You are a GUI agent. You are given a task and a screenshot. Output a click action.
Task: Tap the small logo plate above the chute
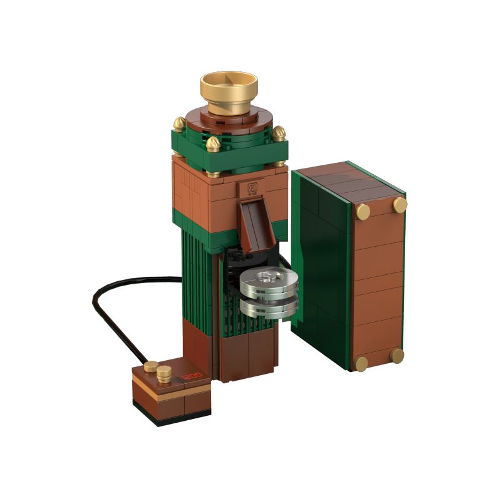tap(253, 187)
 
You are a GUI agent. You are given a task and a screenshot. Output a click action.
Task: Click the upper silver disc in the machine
tap(269, 279)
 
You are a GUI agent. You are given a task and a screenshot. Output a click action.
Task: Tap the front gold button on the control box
tap(164, 374)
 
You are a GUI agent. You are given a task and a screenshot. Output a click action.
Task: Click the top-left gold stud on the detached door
tap(363, 211)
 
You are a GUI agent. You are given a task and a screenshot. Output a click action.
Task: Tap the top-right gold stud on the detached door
tap(399, 204)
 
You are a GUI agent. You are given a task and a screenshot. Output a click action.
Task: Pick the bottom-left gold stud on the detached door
tap(361, 363)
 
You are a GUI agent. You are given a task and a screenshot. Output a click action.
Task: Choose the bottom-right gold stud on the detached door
tap(397, 355)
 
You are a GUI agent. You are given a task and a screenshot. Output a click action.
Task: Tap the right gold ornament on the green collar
tap(279, 133)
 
